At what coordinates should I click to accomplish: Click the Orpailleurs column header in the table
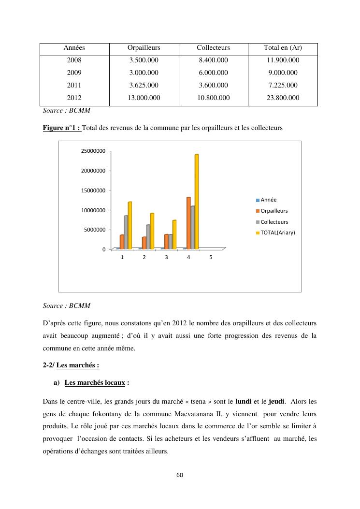coord(144,48)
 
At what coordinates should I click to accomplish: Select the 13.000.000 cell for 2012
coord(144,98)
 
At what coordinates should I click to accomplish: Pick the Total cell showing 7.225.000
coord(283,86)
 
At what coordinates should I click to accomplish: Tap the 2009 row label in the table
coord(74,73)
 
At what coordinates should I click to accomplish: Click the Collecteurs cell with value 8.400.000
coord(213,60)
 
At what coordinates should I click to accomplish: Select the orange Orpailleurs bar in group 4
coord(188,223)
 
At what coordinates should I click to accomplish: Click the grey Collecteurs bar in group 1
coord(126,232)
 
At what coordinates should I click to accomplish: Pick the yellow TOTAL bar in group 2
coord(152,231)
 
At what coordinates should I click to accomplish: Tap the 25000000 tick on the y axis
coord(92,151)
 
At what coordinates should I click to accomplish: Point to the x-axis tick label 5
coord(211,258)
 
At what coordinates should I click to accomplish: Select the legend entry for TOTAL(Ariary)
coord(275,233)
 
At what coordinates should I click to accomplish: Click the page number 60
coord(180,475)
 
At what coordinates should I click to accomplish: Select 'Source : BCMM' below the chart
coord(66,305)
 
